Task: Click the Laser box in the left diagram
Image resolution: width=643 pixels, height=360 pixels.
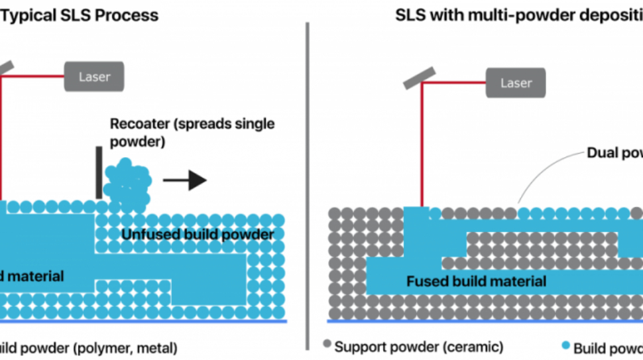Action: click(x=94, y=77)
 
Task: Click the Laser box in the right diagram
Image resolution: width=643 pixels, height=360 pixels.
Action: click(x=516, y=84)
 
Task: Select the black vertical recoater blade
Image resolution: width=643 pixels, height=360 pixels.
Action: click(x=99, y=172)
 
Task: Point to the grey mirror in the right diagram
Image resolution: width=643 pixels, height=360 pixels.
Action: click(x=419, y=76)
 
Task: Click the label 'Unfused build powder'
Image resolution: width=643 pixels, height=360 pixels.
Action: click(x=198, y=235)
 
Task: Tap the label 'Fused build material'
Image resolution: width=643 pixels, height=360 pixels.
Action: click(x=476, y=281)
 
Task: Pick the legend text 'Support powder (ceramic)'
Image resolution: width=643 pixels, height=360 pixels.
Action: click(x=419, y=347)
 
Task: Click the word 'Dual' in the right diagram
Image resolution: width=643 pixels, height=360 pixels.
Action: click(x=604, y=153)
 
